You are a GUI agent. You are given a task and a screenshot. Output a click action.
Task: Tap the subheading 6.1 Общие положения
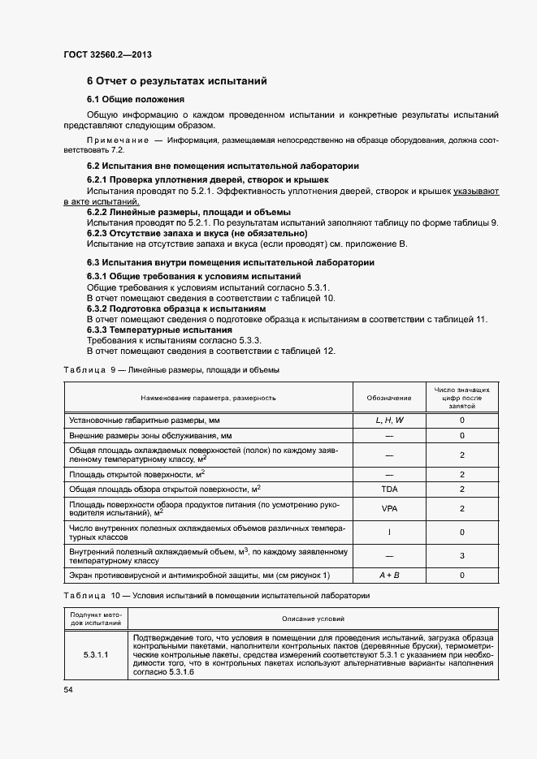pos(136,99)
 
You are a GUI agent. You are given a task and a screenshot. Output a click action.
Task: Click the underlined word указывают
pos(476,190)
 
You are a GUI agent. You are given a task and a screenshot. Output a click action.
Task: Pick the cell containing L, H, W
pos(389,421)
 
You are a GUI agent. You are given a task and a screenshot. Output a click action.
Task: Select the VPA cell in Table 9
pos(389,508)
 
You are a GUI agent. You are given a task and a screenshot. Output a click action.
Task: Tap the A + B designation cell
pos(389,576)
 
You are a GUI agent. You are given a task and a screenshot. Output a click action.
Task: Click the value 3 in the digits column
pos(461,555)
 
